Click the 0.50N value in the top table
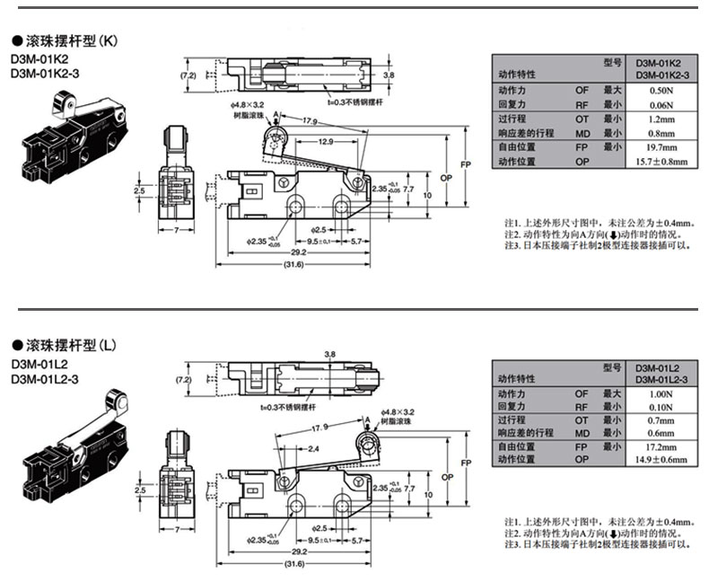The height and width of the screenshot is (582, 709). click(x=661, y=92)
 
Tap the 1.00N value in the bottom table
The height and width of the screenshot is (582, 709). click(x=661, y=394)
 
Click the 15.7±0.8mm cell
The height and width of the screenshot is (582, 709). click(x=661, y=162)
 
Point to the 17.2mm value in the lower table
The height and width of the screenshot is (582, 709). click(x=661, y=445)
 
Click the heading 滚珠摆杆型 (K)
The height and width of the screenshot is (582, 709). click(x=72, y=41)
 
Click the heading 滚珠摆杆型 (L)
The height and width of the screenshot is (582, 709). click(x=72, y=345)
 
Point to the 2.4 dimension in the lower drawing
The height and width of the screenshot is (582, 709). click(x=313, y=448)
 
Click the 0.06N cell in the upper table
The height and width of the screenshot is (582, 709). click(x=661, y=105)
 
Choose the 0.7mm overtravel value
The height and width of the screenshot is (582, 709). click(x=661, y=419)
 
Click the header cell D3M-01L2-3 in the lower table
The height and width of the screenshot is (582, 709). click(x=661, y=380)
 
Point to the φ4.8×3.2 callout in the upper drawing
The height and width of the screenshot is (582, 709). click(x=246, y=105)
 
